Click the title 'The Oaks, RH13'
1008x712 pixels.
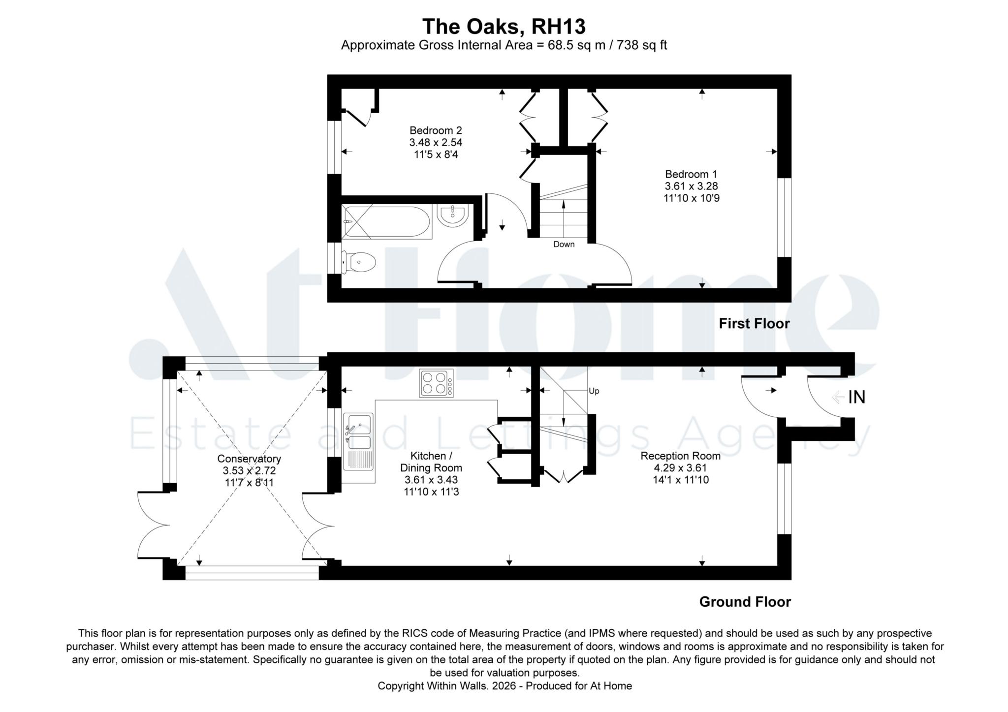pos(504,27)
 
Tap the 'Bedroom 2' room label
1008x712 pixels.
pos(436,130)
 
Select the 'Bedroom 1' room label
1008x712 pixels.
pos(691,174)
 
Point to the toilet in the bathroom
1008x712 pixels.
pos(359,262)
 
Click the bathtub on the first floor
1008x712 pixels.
pos(387,222)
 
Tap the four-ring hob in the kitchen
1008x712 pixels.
pos(436,383)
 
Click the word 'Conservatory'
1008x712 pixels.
pos(249,459)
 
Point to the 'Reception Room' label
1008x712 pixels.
pos(681,456)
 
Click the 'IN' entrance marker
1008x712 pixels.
pos(856,397)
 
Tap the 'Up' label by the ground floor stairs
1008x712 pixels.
pos(594,391)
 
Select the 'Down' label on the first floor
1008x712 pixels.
pos(564,244)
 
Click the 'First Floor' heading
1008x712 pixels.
pos(754,324)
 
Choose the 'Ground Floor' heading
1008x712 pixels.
pos(745,602)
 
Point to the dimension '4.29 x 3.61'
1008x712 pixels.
pos(681,468)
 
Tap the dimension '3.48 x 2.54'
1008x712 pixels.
pos(436,143)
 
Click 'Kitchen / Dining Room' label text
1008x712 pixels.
pos(431,462)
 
